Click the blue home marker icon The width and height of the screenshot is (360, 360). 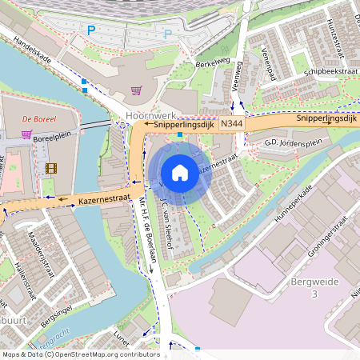(180, 172)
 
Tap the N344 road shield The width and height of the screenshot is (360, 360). (232, 125)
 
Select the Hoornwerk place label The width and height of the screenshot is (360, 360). (144, 115)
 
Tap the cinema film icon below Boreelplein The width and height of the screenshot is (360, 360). (52, 167)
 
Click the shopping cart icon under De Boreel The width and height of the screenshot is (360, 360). (26, 134)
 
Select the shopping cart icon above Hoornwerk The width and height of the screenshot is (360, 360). (136, 90)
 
